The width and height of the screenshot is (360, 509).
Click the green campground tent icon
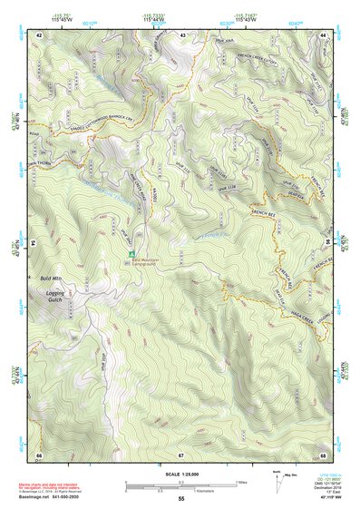pos(132,253)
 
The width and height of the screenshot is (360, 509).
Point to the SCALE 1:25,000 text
pos(180,475)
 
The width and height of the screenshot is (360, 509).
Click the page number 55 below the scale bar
pos(180,499)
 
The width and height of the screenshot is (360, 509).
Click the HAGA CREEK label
pos(301,293)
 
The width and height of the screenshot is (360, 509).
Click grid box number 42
pos(41,35)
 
